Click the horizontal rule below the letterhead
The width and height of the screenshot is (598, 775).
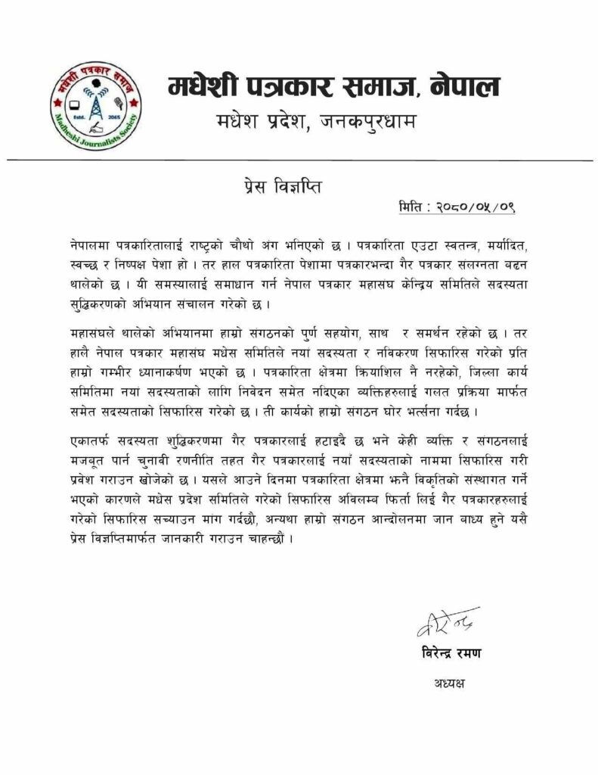tap(299, 160)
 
